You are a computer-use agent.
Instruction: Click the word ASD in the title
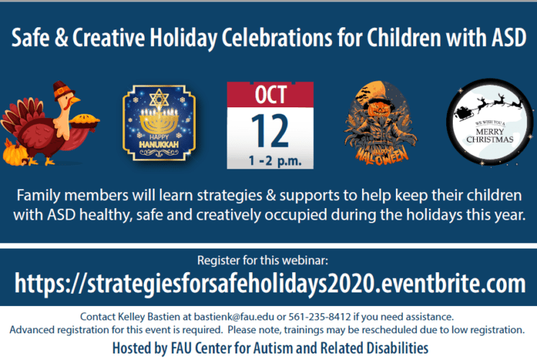point(509,37)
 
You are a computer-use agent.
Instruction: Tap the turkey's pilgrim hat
point(63,91)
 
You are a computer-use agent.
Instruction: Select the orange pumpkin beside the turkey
point(14,153)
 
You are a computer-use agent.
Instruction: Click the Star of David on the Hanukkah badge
point(159,99)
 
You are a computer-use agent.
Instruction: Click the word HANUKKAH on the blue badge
point(159,145)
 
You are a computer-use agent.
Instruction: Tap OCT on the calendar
point(271,94)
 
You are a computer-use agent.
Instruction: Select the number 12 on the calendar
point(270,130)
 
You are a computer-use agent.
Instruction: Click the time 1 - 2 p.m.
point(275,161)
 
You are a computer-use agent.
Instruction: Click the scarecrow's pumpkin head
point(379,109)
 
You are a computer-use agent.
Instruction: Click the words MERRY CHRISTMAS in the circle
point(489,135)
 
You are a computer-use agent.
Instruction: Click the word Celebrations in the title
point(277,37)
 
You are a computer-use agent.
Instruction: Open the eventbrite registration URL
point(270,284)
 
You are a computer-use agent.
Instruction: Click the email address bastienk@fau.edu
point(234,317)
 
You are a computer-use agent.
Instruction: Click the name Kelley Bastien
point(149,317)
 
